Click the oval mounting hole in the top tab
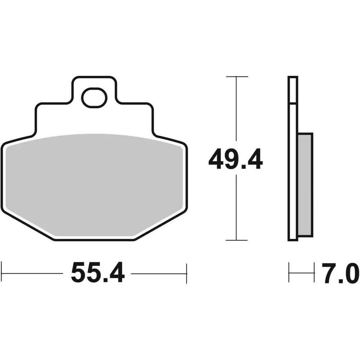click(94, 97)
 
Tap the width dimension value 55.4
click(97, 273)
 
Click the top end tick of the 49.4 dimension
click(236, 76)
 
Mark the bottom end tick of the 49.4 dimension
click(236, 240)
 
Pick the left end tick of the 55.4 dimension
click(2, 273)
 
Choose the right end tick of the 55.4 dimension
click(186, 273)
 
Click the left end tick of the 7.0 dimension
click(289, 273)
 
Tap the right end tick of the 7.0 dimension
click(314, 273)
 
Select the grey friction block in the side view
click(305, 184)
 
